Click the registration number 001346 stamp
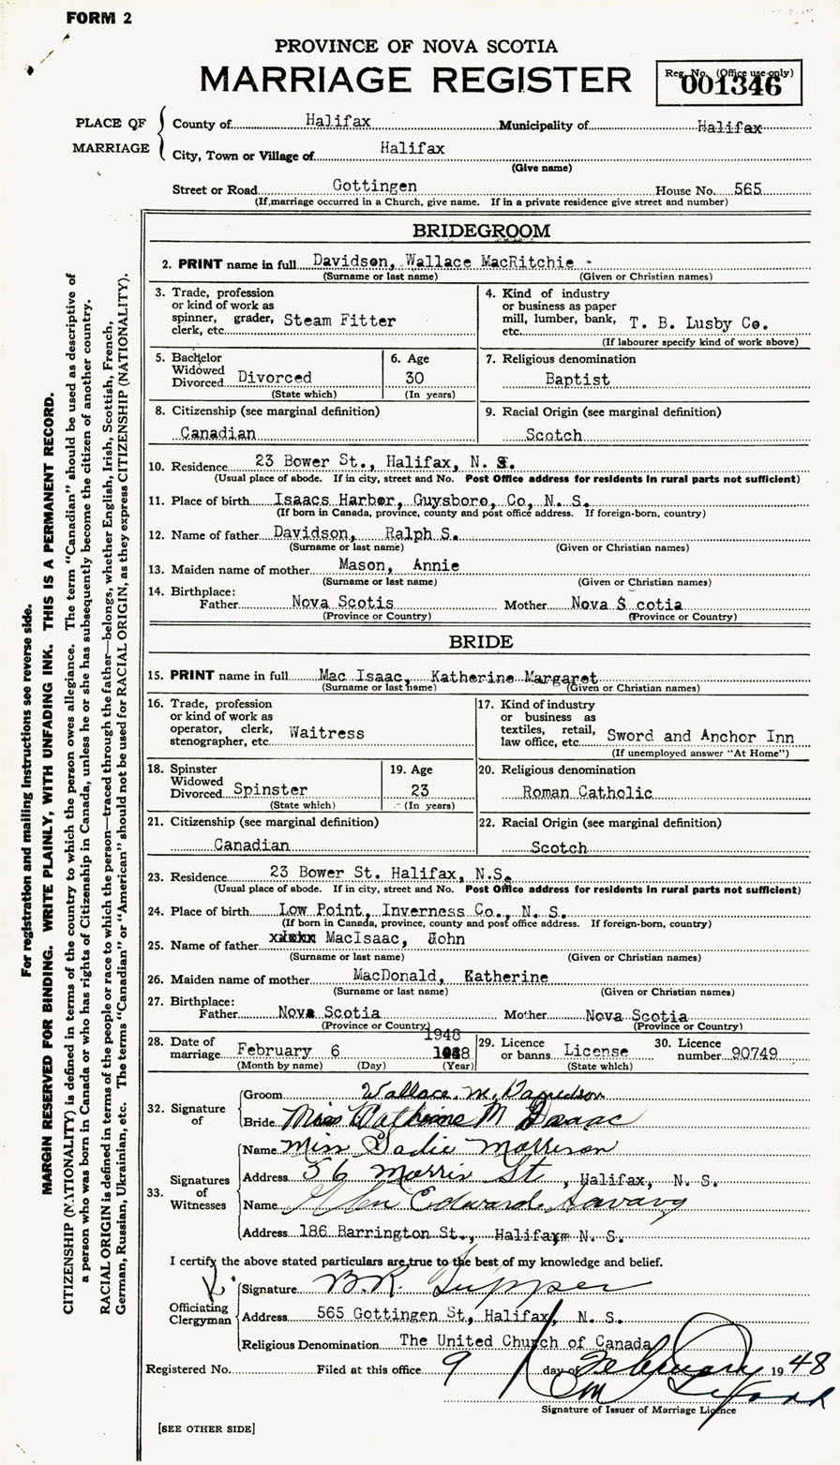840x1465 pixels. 747,86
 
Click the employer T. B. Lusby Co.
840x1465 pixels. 699,322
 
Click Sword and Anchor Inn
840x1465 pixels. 699,737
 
